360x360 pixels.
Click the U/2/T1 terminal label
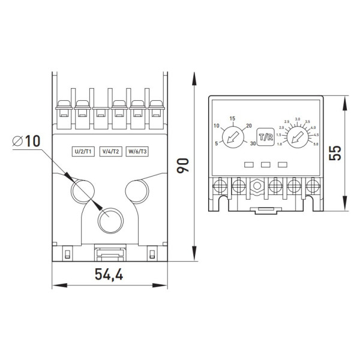[82, 151]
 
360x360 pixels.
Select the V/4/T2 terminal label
[112, 151]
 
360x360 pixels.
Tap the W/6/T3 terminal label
[137, 151]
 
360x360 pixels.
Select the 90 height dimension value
[184, 165]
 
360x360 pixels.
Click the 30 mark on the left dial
[253, 144]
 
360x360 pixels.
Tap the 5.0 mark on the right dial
[316, 144]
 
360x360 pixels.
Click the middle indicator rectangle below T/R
[266, 164]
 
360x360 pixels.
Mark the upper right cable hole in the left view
[136, 191]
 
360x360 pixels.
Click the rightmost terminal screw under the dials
[312, 185]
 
